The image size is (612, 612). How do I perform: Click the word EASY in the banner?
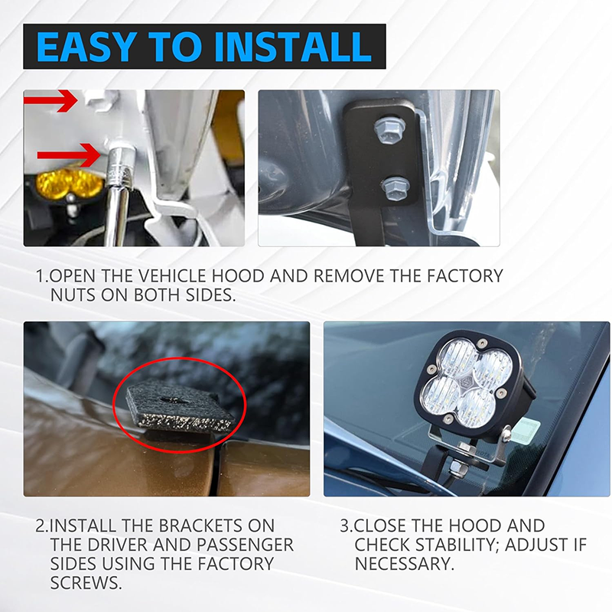pos(85,47)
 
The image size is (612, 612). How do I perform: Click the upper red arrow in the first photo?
pos(50,101)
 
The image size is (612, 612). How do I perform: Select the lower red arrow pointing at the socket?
pos(69,155)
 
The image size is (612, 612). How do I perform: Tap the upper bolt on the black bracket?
pos(389,128)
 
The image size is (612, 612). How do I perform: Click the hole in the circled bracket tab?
pos(174,399)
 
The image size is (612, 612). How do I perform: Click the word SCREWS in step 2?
pos(86,583)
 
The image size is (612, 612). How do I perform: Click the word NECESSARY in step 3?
pos(405,564)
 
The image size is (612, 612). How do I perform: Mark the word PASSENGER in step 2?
pos(244,545)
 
